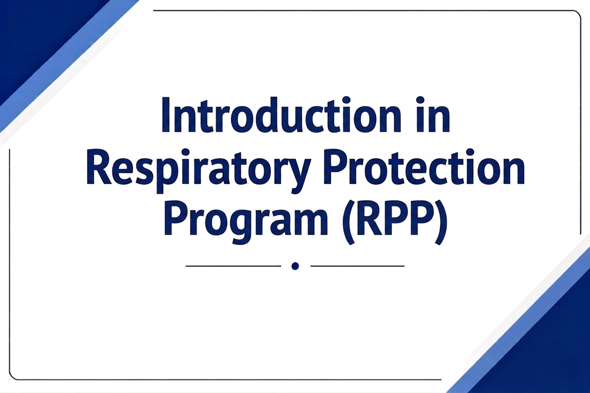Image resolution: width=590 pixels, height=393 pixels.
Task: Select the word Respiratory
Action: point(197,171)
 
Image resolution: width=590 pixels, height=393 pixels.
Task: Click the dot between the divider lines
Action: point(295,266)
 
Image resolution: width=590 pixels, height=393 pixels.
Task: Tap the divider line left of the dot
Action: point(233,266)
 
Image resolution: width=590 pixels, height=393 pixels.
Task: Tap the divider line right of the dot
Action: point(358,266)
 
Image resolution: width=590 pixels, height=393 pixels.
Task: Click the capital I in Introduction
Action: point(165,115)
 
